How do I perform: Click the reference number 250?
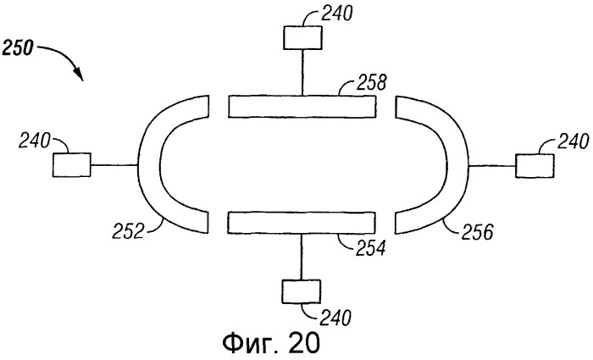pos(17,48)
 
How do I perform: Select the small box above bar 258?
pos(302,37)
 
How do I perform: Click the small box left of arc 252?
pos(71,165)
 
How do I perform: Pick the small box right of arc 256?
pos(535,166)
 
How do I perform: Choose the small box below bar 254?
pos(301,291)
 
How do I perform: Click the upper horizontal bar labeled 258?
pos(302,107)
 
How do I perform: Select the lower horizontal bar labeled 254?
pos(302,223)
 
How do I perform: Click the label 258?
pos(371,83)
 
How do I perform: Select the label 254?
pos(370,248)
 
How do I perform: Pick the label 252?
pos(128,231)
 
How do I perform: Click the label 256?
pos(477,232)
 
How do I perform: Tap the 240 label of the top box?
pos(336,14)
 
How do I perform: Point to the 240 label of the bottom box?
pos(335,318)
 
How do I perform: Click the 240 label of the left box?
pos(35,141)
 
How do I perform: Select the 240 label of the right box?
pos(573,142)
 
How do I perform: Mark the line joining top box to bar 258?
pos(302,72)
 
